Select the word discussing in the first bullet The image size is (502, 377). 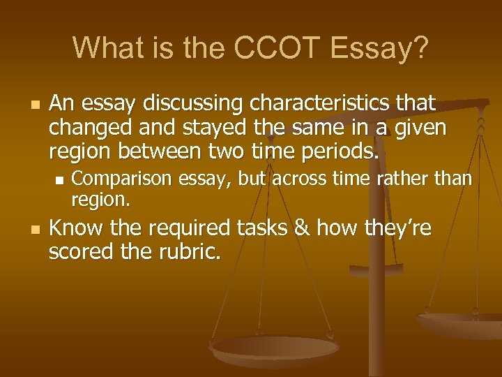[x=192, y=104]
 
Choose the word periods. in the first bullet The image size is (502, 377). [x=337, y=151]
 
